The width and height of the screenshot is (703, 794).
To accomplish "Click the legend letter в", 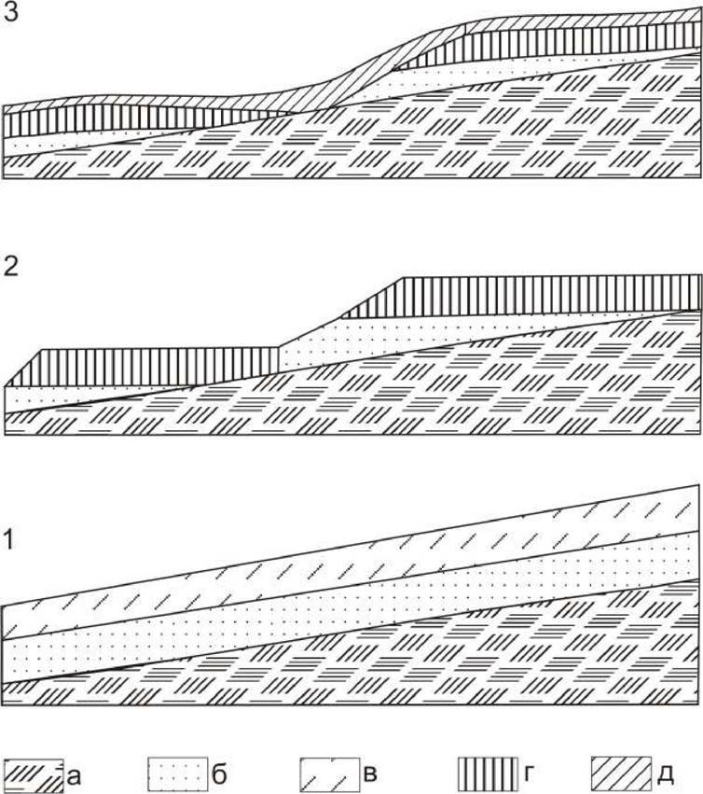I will (370, 774).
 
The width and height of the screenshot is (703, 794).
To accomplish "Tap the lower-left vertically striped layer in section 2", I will (149, 366).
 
